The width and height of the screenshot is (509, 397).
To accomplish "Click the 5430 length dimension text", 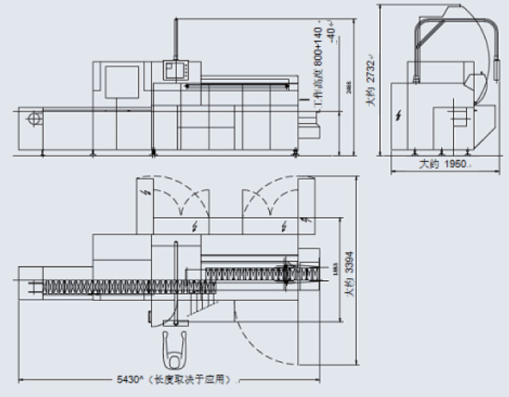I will point(131,379).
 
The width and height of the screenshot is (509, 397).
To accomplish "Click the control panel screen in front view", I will point(171,69).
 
